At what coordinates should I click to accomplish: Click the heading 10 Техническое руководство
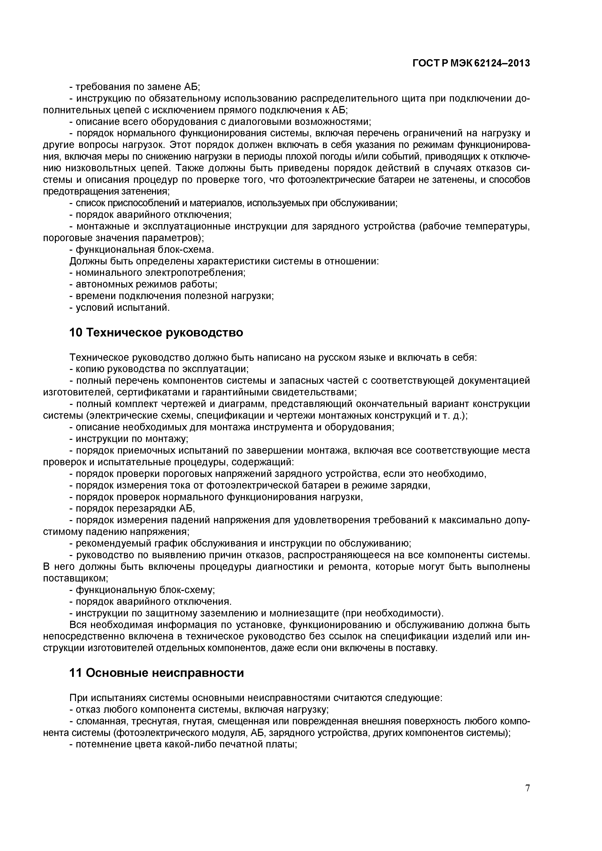(x=156, y=333)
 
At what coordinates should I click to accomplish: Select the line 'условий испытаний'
(x=119, y=308)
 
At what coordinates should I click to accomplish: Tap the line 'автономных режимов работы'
(x=143, y=284)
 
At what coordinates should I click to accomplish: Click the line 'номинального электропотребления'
(x=157, y=273)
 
